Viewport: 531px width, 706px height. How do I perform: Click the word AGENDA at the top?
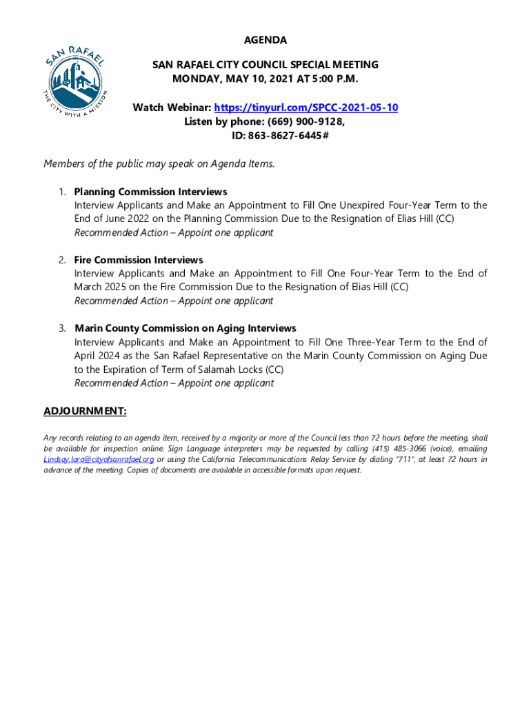[265, 40]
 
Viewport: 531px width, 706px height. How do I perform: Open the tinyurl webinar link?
[306, 108]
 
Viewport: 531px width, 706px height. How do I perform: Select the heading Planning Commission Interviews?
[150, 192]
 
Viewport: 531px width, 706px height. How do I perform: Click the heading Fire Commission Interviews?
[139, 260]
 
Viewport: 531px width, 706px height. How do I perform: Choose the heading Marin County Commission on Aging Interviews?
[185, 328]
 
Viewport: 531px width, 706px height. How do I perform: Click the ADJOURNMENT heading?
[85, 412]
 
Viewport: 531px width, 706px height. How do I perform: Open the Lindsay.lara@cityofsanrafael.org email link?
[99, 459]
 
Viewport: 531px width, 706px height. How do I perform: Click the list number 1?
[61, 192]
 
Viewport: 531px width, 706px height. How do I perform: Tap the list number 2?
[61, 260]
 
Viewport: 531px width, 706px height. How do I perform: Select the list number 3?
[61, 328]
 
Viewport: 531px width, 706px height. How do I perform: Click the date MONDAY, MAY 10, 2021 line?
[265, 79]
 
